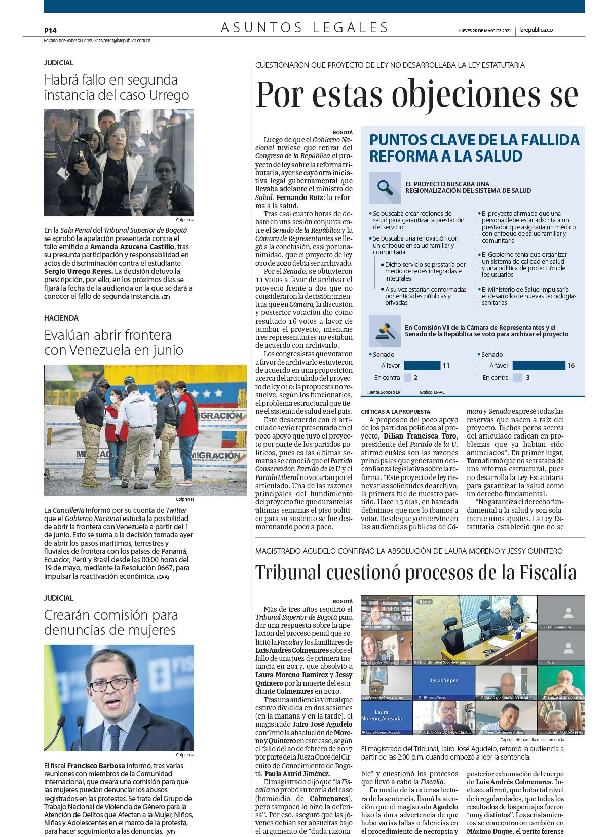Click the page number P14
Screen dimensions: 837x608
[50, 30]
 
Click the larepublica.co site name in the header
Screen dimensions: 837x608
[536, 30]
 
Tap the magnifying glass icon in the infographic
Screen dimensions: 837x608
[386, 188]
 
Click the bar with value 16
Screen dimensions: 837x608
[539, 365]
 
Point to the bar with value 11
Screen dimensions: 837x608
[422, 365]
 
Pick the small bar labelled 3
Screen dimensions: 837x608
[517, 377]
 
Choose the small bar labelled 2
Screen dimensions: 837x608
[407, 377]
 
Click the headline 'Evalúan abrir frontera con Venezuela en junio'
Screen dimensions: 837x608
[114, 342]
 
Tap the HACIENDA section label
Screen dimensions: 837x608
[61, 318]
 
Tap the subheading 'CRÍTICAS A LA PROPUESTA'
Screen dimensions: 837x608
[395, 412]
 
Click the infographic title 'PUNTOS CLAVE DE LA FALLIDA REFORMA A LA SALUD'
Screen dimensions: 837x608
[474, 147]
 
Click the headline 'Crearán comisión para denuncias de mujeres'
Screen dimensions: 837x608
[111, 622]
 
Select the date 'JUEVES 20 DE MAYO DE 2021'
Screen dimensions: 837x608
[484, 30]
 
